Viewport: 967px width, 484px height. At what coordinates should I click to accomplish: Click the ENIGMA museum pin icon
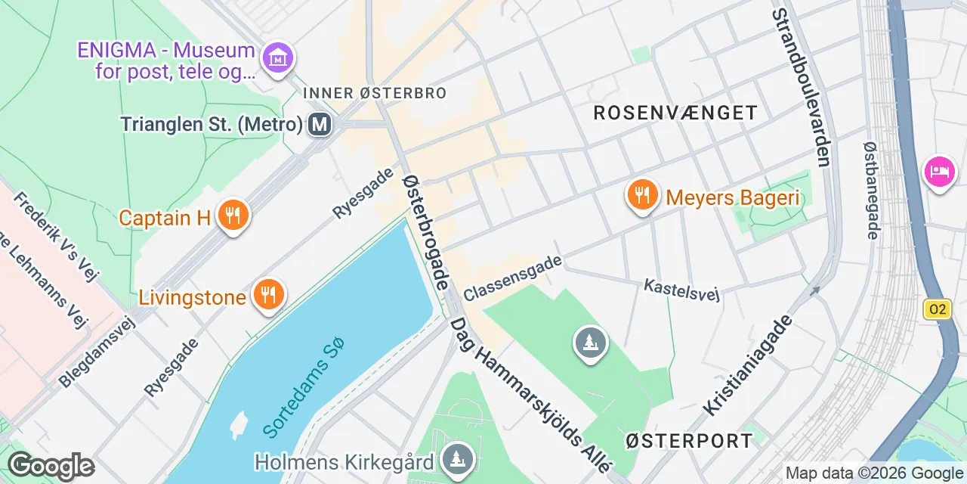(277, 57)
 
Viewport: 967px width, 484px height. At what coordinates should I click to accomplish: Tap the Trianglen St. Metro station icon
(320, 124)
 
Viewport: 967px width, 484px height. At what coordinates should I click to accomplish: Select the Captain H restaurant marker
(233, 217)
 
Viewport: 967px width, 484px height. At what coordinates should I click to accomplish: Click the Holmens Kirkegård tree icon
(457, 458)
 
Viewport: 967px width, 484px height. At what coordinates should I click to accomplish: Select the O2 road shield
(937, 309)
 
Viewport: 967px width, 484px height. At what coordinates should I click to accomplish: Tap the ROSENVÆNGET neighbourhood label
(675, 113)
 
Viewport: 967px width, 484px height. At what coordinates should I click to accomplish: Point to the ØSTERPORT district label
(690, 440)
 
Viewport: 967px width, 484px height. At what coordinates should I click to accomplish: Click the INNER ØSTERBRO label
(375, 93)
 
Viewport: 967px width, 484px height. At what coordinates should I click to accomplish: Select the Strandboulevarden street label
(802, 87)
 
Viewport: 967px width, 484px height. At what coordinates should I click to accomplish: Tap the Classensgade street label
(513, 278)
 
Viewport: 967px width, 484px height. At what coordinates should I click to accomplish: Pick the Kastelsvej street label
(681, 289)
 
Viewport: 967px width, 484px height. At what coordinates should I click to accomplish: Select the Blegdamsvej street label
(96, 352)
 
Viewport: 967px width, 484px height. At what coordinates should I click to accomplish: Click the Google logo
(51, 466)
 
